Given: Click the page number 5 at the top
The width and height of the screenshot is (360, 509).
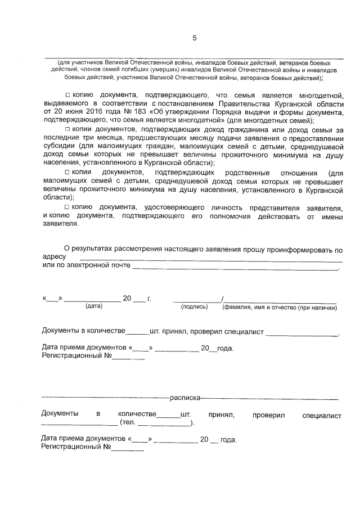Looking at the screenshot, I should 195,38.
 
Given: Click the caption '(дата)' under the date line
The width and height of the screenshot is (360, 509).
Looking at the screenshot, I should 94,307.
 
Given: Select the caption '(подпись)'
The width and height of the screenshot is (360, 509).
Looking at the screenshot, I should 194,307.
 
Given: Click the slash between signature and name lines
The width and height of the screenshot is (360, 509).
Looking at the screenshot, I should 223,298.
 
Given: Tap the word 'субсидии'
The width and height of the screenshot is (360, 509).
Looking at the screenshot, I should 57,146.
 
